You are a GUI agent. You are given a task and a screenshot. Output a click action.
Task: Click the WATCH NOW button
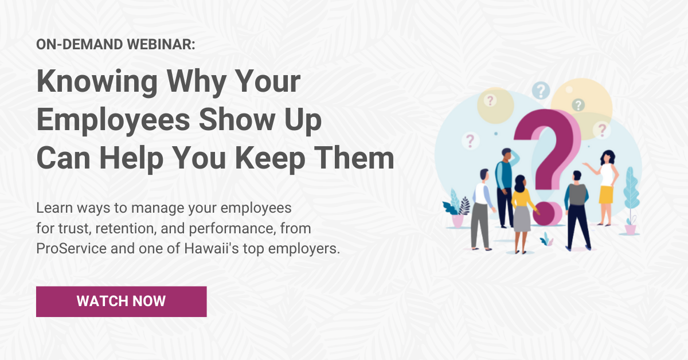tap(121, 302)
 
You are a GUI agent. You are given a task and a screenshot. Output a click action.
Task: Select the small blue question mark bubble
tap(540, 91)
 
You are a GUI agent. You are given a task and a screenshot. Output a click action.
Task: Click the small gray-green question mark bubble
tap(578, 105)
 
